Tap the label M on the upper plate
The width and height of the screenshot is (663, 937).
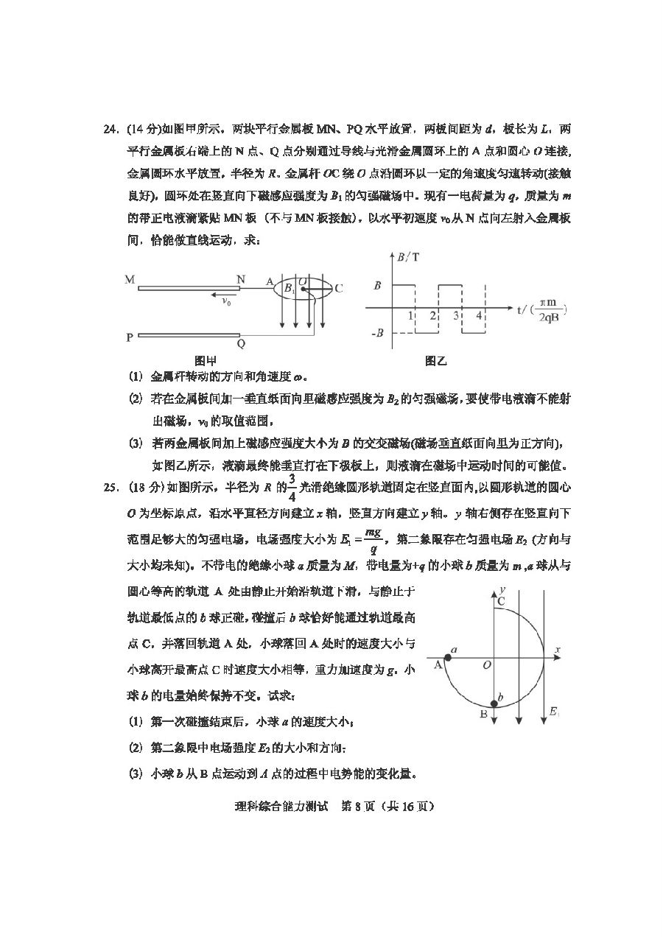click(x=130, y=280)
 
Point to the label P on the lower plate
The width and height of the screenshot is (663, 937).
click(x=130, y=337)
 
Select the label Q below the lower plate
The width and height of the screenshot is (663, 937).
click(x=241, y=344)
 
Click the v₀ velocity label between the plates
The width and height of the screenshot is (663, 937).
click(x=218, y=301)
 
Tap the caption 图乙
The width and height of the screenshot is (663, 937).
click(x=436, y=361)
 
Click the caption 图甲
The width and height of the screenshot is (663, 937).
click(x=205, y=361)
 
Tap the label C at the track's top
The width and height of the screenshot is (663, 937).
click(x=500, y=601)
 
